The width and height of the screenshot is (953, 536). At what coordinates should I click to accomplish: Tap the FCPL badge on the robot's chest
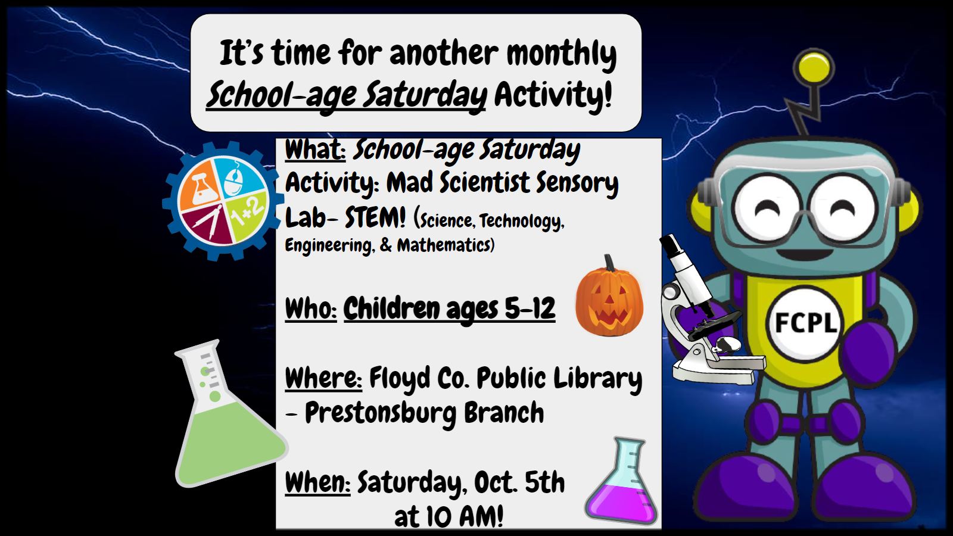pos(805,323)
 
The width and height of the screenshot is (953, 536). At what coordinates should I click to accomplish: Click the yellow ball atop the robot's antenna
pos(814,68)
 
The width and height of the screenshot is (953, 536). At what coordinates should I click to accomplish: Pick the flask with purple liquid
pos(622,481)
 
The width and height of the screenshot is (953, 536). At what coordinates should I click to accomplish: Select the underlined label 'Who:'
pos(311,308)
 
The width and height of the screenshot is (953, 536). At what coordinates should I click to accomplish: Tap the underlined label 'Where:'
pos(323,378)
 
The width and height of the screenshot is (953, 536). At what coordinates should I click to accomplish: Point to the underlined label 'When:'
pos(317,483)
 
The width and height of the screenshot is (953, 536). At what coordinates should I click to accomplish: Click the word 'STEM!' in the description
pos(375,218)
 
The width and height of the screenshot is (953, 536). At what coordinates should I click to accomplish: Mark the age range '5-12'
pos(530,308)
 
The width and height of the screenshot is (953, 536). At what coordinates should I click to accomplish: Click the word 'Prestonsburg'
pos(381,413)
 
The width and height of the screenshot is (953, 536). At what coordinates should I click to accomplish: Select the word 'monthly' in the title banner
pos(561,54)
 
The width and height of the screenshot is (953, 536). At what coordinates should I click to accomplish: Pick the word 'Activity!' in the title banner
pos(553,95)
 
